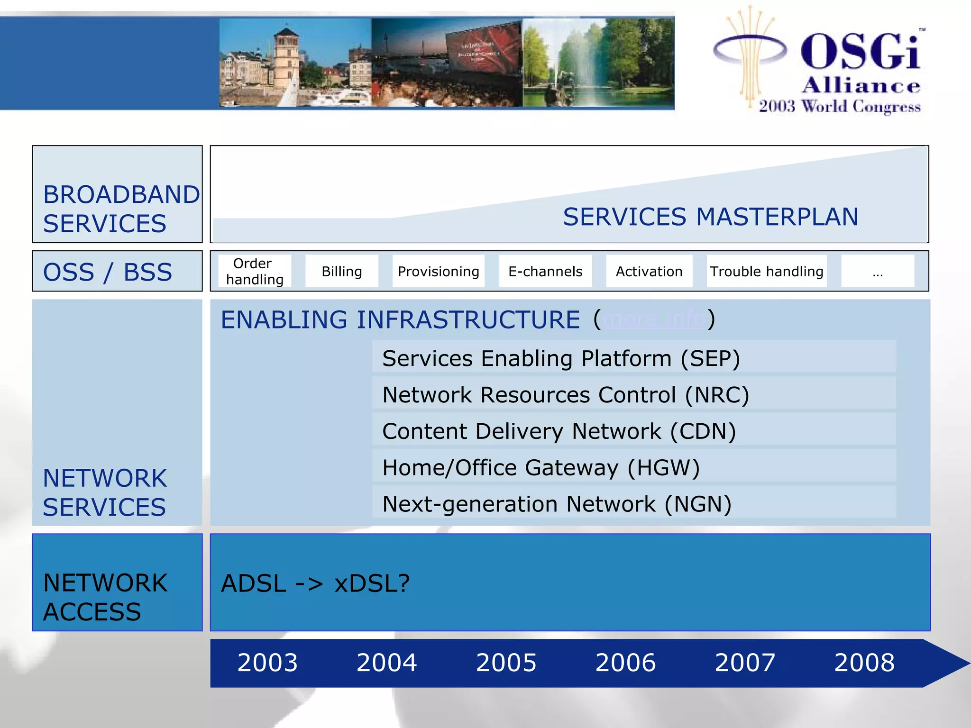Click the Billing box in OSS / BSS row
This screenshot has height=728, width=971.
click(341, 271)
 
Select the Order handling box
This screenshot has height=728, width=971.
click(255, 271)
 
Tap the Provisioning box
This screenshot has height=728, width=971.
click(438, 271)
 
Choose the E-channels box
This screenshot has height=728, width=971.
click(545, 271)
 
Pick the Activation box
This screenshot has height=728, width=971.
click(649, 271)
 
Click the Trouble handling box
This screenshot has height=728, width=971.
click(766, 271)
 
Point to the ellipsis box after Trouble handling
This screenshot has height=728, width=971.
click(877, 271)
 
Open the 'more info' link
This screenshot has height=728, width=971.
click(654, 319)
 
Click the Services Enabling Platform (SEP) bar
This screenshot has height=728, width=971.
click(633, 358)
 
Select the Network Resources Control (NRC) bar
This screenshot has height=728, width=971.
click(633, 394)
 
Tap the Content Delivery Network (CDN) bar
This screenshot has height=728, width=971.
click(633, 431)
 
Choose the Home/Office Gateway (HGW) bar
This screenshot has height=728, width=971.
click(633, 467)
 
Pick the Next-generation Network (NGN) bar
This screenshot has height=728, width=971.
click(633, 504)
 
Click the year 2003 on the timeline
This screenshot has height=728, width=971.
click(267, 662)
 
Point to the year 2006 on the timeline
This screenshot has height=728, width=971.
click(625, 662)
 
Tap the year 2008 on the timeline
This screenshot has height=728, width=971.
click(864, 662)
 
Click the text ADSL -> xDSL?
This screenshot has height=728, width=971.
click(315, 583)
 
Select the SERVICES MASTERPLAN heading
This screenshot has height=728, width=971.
click(710, 217)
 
